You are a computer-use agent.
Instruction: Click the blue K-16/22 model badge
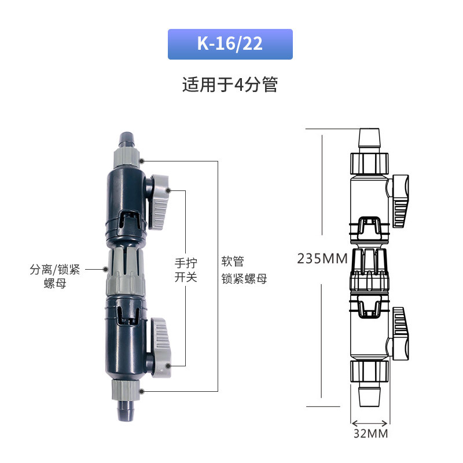coord(230,45)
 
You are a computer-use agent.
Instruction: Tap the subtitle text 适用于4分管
coord(230,84)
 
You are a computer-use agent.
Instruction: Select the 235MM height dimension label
coord(322,259)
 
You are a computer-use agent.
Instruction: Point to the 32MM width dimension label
coord(370,433)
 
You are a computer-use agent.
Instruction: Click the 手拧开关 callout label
coord(186,270)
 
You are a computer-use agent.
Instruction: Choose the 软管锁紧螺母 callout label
coord(244,270)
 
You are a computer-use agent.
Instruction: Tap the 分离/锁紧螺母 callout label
coord(55,276)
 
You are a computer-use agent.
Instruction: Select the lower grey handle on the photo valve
coord(160,348)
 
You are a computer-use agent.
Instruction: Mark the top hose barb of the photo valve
coord(126,141)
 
